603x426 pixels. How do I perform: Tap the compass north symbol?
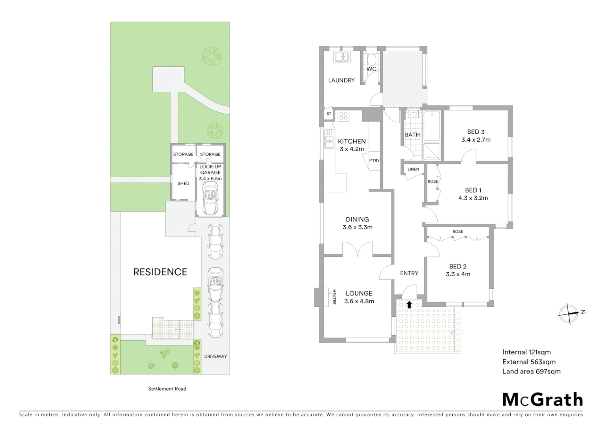click(x=569, y=314)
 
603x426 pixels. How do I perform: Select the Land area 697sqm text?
click(x=531, y=371)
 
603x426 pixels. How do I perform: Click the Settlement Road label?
click(x=167, y=389)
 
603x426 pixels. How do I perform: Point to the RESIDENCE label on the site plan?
click(x=160, y=272)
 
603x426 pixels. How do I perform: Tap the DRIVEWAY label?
click(x=215, y=356)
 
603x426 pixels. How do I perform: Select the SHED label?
click(x=183, y=183)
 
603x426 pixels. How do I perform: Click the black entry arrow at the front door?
click(x=409, y=304)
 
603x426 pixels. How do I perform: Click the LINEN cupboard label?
click(x=413, y=169)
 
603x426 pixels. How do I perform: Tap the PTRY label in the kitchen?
click(x=374, y=161)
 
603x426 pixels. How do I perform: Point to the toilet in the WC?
click(x=371, y=60)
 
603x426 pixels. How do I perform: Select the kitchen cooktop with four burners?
click(x=343, y=116)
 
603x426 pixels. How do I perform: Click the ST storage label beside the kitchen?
click(x=329, y=114)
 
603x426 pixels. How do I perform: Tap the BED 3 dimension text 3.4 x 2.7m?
click(x=476, y=140)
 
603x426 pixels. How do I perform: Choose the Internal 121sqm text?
click(x=526, y=352)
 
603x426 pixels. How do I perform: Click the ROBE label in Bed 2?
click(x=458, y=232)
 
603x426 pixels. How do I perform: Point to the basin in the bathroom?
click(x=413, y=114)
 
